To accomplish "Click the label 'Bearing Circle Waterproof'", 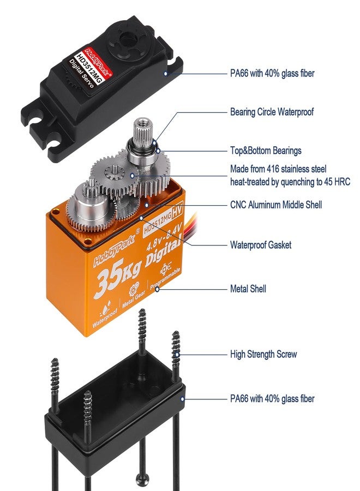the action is click(272, 112).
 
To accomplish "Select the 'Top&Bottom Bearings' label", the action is click(266, 151).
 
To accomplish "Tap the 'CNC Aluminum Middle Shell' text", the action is click(276, 205).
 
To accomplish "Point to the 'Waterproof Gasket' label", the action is click(260, 244).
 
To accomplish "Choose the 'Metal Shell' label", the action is click(248, 289).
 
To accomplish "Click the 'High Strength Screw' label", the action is click(263, 354).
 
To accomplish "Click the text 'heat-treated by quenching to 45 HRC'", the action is click(290, 182).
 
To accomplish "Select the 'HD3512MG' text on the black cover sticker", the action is click(89, 69).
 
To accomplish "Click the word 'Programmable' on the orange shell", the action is click(165, 279).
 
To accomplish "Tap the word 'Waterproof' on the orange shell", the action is click(105, 318).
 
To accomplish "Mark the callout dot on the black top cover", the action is click(166, 74).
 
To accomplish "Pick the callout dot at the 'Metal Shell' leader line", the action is click(157, 289).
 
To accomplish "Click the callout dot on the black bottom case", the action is click(182, 399).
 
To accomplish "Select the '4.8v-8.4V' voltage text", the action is click(164, 238).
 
